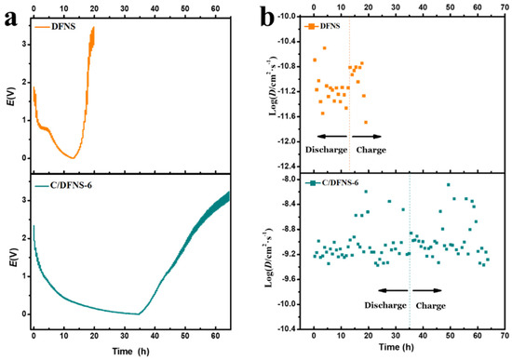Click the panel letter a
point(9,16)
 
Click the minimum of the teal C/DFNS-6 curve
point(138,313)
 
